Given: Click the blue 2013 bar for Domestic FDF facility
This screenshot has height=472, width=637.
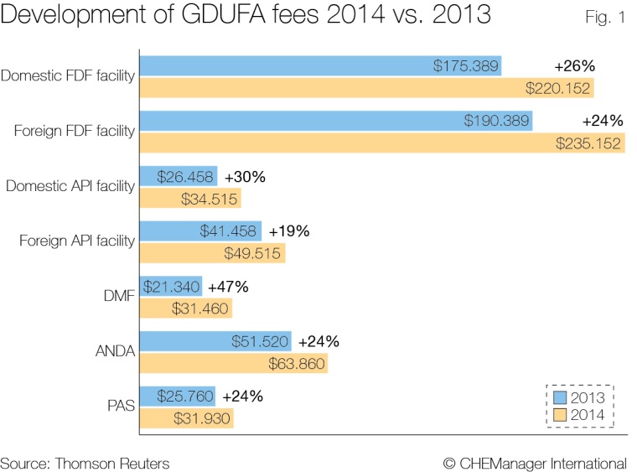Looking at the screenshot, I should (318, 66).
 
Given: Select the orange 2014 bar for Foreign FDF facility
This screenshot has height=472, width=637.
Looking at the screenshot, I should (381, 143).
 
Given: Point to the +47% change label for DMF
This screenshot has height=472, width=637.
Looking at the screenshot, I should (228, 287).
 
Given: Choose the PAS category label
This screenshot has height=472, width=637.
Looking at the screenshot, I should (122, 407).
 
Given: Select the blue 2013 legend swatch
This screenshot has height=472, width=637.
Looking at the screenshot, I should (561, 398).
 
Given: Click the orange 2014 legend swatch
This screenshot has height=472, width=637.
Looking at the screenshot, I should (561, 415).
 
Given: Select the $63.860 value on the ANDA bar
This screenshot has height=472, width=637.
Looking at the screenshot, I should (296, 364).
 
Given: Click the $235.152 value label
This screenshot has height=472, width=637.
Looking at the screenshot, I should (589, 143).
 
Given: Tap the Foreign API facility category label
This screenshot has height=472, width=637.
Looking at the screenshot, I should (77, 241).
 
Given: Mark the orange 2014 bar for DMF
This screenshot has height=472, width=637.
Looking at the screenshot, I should (184, 309).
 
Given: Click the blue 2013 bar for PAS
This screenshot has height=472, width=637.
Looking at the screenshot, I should (177, 397).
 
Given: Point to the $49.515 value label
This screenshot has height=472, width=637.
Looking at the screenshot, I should (253, 253).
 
